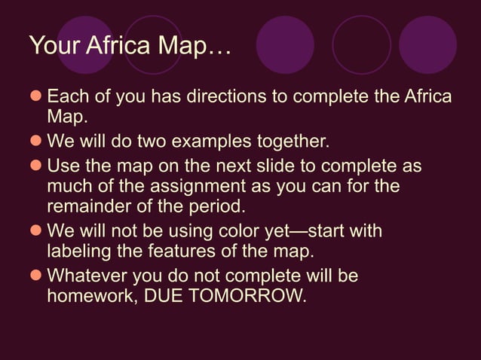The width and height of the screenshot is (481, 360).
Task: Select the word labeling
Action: pyautogui.click(x=78, y=252)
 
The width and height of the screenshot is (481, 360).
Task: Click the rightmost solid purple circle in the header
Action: pyautogui.click(x=427, y=44)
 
